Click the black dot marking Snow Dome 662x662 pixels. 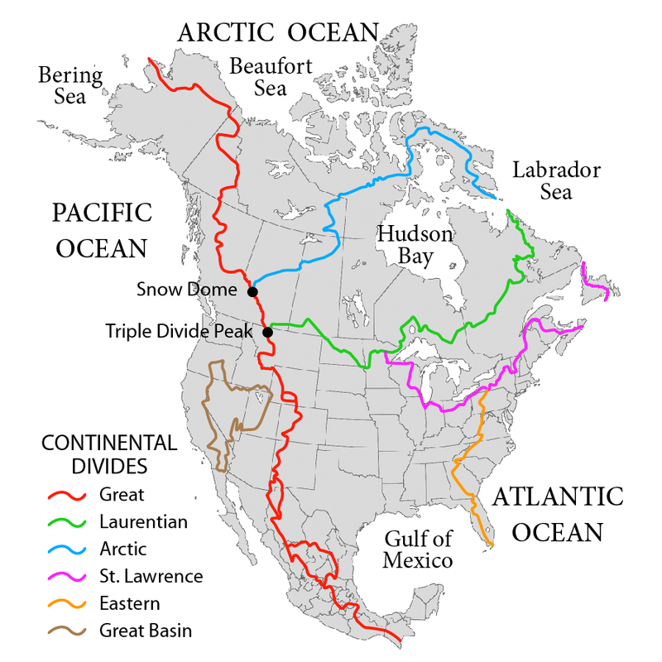tap(252, 291)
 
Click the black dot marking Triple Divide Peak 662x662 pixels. tap(267, 333)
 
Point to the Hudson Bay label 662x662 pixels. tap(415, 245)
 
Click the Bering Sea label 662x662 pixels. tap(70, 86)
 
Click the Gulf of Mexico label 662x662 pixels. tap(419, 549)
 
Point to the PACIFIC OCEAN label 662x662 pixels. tap(102, 229)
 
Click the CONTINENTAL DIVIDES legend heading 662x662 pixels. tap(109, 454)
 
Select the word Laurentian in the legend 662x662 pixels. tap(143, 522)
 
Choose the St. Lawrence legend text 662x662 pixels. tap(151, 576)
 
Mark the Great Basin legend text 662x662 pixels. tap(145, 631)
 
